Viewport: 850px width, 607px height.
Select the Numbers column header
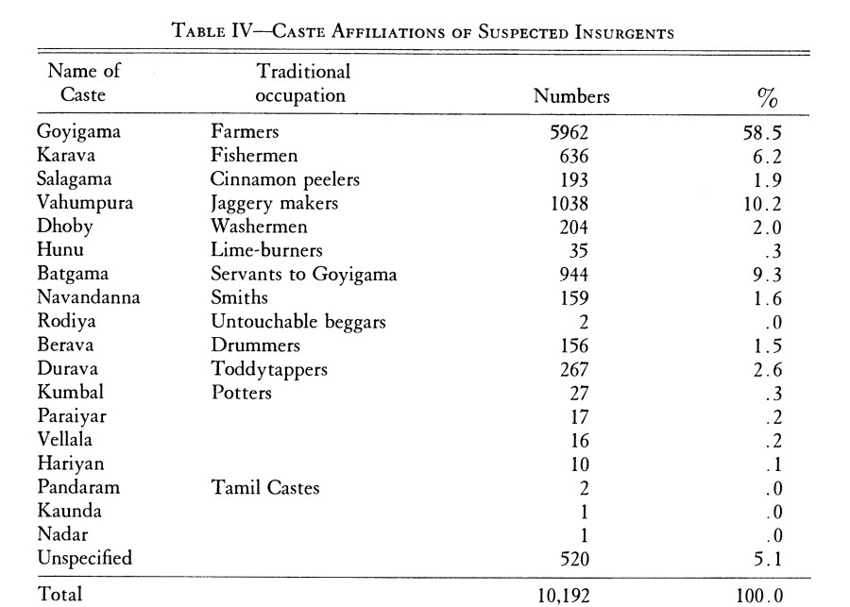click(x=571, y=96)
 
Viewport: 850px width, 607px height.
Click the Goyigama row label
click(x=78, y=132)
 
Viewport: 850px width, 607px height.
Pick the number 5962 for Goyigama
click(x=569, y=132)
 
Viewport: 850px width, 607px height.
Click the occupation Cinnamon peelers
click(x=285, y=179)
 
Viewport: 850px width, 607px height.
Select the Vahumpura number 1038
click(x=569, y=203)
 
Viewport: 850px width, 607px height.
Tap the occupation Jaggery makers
click(x=274, y=203)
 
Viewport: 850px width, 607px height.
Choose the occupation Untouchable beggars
click(x=298, y=321)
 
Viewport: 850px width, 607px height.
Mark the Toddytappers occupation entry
click(x=269, y=369)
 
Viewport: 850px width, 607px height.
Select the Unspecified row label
click(x=85, y=558)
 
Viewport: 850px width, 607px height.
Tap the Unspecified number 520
click(x=573, y=558)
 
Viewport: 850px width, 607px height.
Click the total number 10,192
click(x=563, y=595)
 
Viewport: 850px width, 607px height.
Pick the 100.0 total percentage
click(x=761, y=595)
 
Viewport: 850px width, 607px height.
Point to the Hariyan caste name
click(x=72, y=464)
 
